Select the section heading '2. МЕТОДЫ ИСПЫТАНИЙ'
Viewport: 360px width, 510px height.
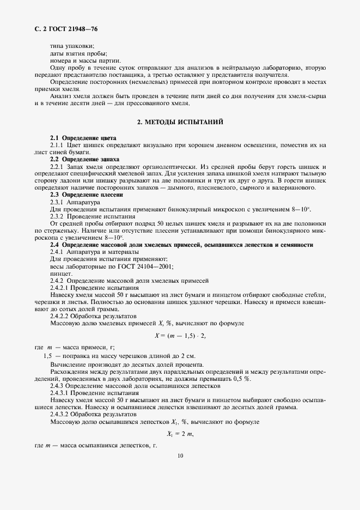pos(180,122)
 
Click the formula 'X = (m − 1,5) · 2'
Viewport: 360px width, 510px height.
pos(180,336)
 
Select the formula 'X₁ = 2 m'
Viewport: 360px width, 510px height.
pos(180,434)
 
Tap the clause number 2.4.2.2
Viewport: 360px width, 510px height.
pos(60,316)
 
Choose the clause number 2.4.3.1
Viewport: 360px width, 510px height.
pos(60,393)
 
